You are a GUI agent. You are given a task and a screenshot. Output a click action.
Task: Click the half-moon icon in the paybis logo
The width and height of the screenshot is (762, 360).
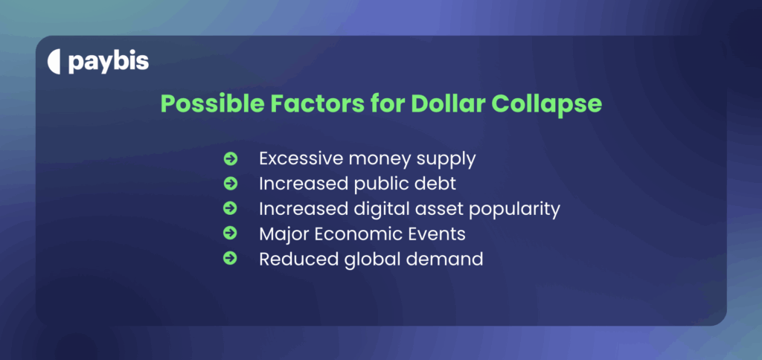(x=54, y=62)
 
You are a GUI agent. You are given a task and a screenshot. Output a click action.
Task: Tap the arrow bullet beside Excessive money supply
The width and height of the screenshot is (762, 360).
(x=230, y=158)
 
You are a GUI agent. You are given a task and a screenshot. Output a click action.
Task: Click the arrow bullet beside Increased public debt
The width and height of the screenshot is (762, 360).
(x=230, y=184)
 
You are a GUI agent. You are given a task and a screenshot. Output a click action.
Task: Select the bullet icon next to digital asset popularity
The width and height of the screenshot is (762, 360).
(x=230, y=209)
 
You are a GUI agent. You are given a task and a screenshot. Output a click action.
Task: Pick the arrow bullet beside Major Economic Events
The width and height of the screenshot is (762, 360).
(x=230, y=234)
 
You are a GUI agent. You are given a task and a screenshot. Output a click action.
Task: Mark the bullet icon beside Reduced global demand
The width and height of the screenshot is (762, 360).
(x=230, y=259)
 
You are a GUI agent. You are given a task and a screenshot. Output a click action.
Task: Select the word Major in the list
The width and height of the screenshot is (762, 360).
(x=282, y=234)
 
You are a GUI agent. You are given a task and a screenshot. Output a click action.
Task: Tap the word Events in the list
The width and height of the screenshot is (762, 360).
(x=438, y=234)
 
